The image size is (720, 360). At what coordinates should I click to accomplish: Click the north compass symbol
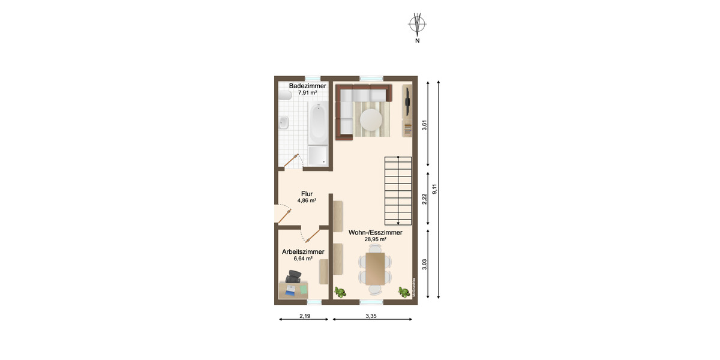(x=417, y=25)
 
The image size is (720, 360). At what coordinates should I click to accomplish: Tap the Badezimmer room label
(x=307, y=86)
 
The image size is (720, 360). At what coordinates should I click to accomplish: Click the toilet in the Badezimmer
(x=284, y=95)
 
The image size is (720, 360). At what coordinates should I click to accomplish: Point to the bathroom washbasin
(x=284, y=123)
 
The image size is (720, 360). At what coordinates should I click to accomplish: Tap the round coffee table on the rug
(x=371, y=120)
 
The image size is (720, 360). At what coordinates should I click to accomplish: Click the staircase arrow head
(x=398, y=223)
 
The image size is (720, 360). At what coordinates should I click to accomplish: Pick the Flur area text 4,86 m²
(x=307, y=201)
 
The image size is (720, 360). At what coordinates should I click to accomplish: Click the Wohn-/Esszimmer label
(x=375, y=232)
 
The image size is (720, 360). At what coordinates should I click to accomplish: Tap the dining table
(x=375, y=269)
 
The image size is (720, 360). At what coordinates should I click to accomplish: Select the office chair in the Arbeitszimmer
(x=294, y=277)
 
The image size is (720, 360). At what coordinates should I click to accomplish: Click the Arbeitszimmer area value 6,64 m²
(x=303, y=259)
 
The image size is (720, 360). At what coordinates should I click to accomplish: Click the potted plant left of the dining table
(x=341, y=292)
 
